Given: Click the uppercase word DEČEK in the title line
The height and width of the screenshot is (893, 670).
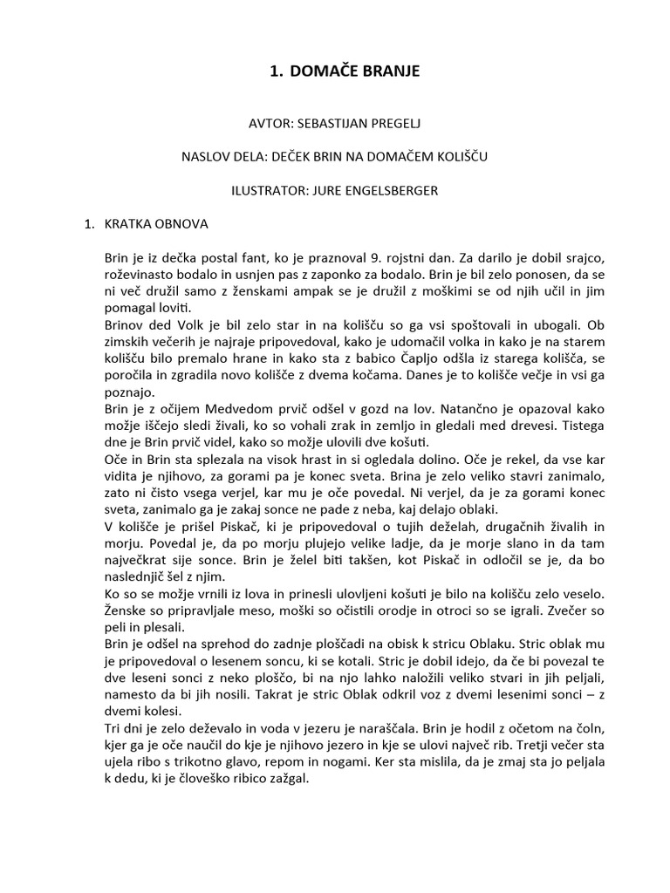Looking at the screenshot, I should tap(296, 157).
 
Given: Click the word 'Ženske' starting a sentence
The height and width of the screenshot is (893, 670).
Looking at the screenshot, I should tap(126, 610).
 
